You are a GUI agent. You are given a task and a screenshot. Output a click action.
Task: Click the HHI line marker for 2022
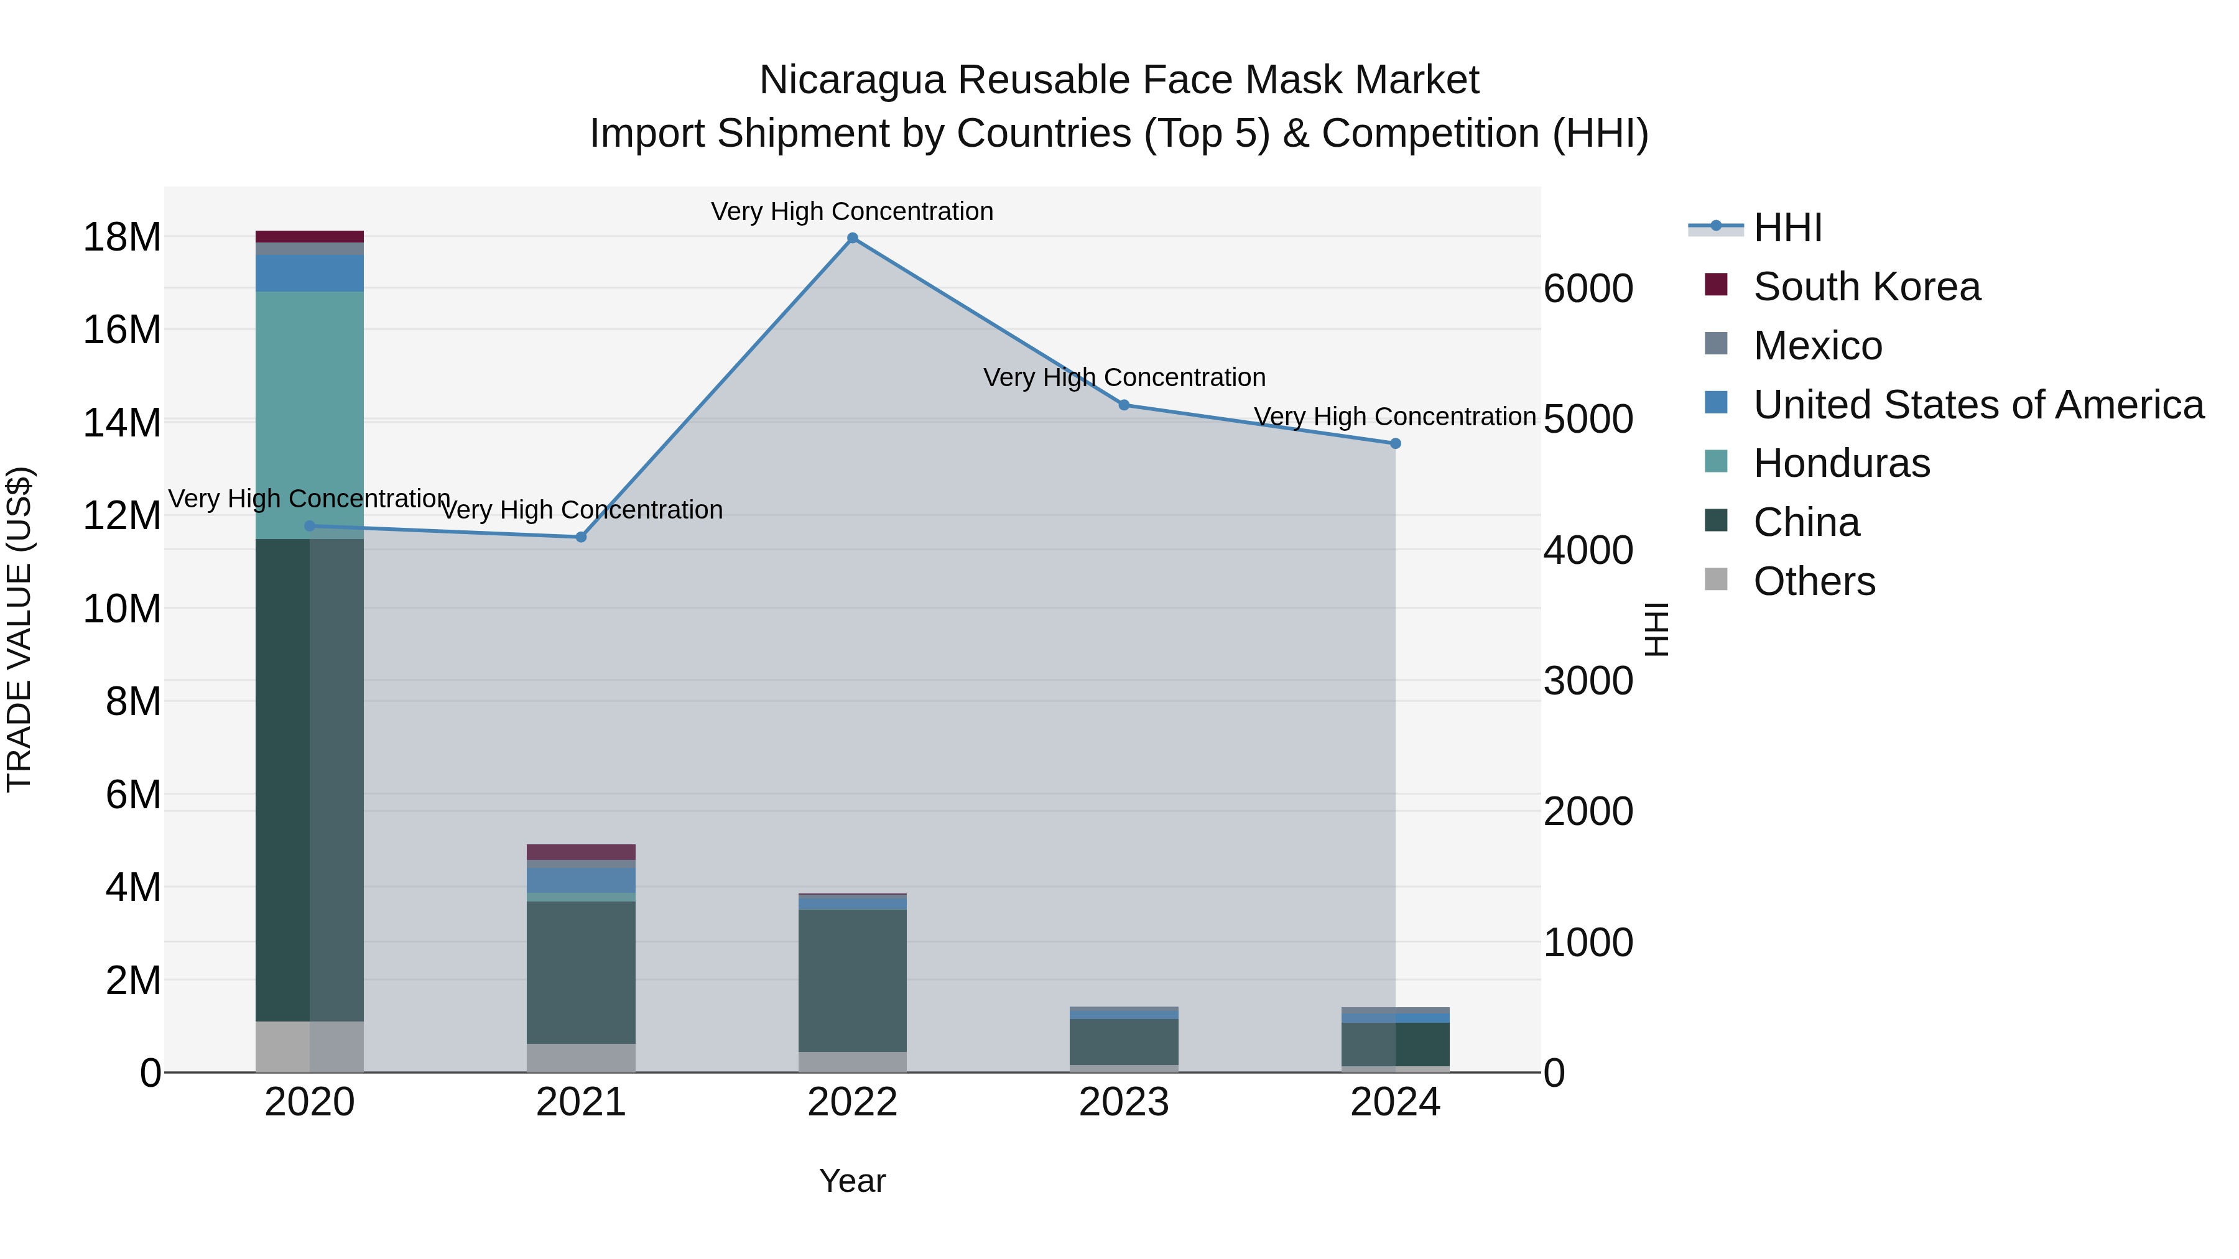[x=852, y=238]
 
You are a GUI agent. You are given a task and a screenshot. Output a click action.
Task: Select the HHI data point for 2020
[x=310, y=525]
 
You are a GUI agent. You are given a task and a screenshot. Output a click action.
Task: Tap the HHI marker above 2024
[x=1395, y=443]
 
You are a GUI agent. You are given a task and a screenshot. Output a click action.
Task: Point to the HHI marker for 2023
[x=1124, y=405]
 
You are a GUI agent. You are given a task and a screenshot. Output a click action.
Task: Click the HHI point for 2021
[x=582, y=537]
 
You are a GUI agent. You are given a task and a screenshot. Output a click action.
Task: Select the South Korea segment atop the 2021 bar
[x=582, y=852]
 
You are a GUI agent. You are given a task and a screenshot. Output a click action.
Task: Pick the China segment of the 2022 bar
[x=852, y=980]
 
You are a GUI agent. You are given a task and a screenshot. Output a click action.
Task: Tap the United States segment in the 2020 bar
[x=310, y=273]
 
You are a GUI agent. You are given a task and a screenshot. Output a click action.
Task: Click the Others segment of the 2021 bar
[x=582, y=1058]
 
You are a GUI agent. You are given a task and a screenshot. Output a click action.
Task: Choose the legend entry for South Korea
[x=1866, y=287]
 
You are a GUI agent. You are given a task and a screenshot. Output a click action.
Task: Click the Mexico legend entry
[x=1817, y=346]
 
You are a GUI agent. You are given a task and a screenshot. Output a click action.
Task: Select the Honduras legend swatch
[x=1716, y=462]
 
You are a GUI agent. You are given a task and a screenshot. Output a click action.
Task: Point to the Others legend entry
[x=1814, y=581]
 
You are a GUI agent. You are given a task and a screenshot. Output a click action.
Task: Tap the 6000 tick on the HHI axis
[x=1588, y=288]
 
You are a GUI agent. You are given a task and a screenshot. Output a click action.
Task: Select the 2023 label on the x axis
[x=1124, y=1102]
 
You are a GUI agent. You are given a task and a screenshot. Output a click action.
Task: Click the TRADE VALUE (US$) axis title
[x=19, y=629]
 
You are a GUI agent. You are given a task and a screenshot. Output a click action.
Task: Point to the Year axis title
[x=852, y=1181]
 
